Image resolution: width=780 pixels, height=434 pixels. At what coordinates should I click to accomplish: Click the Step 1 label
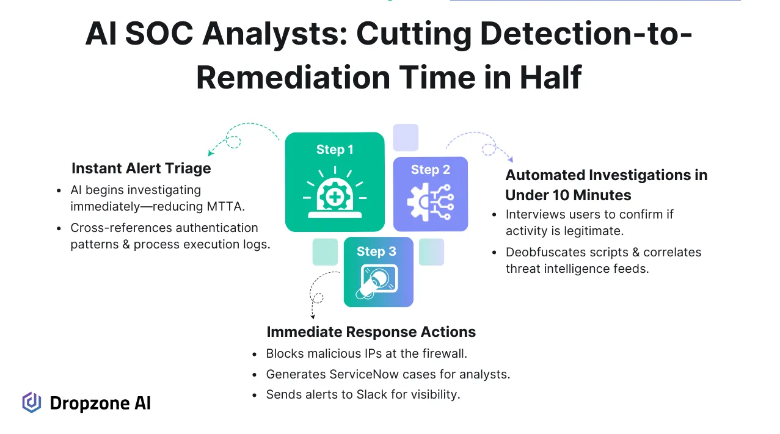[335, 150]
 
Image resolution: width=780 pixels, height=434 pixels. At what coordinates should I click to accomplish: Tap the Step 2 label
[430, 170]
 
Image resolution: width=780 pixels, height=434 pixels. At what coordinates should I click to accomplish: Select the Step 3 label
[376, 251]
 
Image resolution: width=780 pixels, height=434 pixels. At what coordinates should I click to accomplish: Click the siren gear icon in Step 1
[335, 195]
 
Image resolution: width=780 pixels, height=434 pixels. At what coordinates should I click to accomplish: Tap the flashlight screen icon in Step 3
[378, 281]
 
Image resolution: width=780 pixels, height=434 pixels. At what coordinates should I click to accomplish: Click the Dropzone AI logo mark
[32, 403]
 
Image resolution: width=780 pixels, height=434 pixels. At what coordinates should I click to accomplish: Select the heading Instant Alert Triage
[141, 168]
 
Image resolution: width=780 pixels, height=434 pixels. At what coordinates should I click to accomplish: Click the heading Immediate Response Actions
[371, 332]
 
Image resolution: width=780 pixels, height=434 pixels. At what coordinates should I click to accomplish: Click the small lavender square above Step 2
[406, 137]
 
